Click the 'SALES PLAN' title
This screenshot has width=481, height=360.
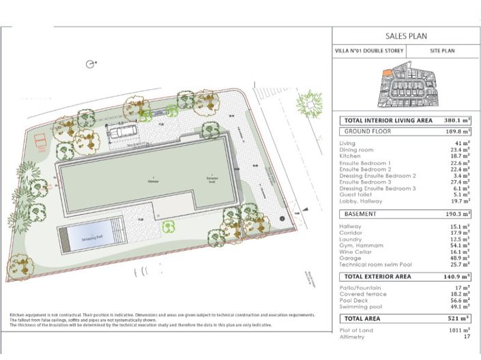tap(406, 36)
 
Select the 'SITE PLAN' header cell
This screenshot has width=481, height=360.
tap(442, 51)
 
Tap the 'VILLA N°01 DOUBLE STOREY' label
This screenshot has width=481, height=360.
tap(369, 51)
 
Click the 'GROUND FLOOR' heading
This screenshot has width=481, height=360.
tap(367, 132)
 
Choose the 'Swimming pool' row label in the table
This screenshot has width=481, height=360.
tap(358, 307)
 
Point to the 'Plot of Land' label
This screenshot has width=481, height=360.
tap(355, 330)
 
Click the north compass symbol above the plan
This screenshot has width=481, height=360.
tap(90, 64)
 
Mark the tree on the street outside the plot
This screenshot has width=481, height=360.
tap(310, 103)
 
